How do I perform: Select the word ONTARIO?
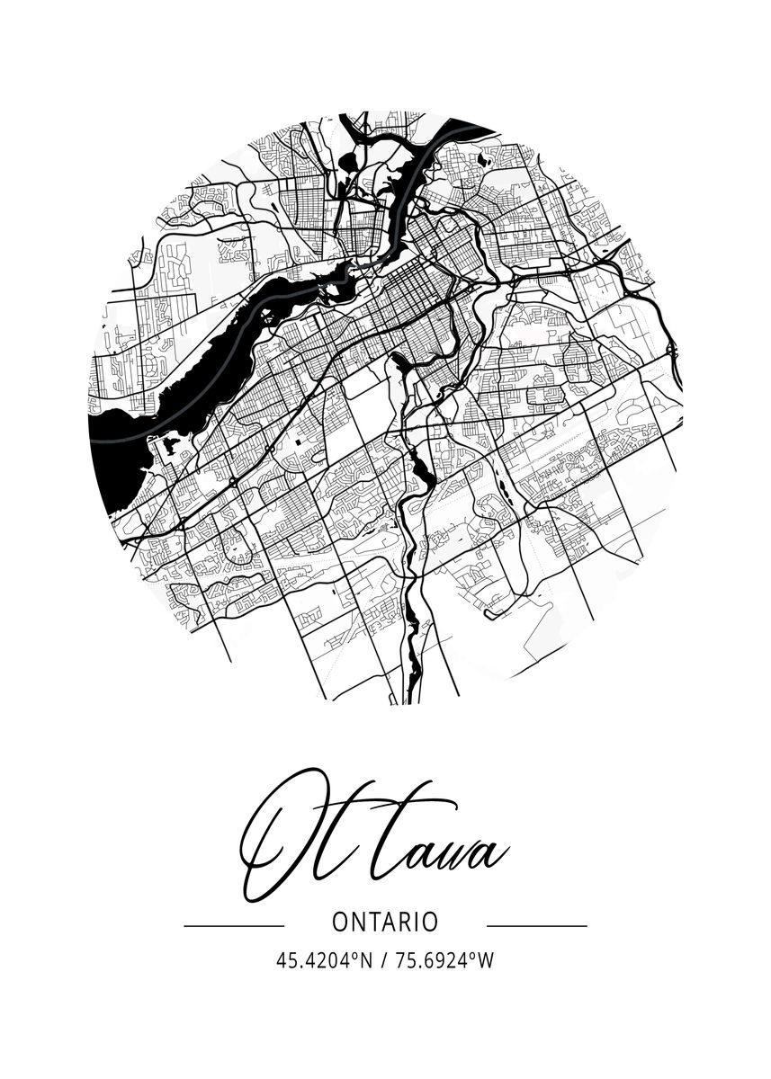(385, 923)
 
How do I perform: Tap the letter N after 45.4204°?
(365, 961)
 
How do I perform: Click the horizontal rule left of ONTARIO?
(234, 924)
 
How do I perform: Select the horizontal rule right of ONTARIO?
(536, 924)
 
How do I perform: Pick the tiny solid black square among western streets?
(297, 442)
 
